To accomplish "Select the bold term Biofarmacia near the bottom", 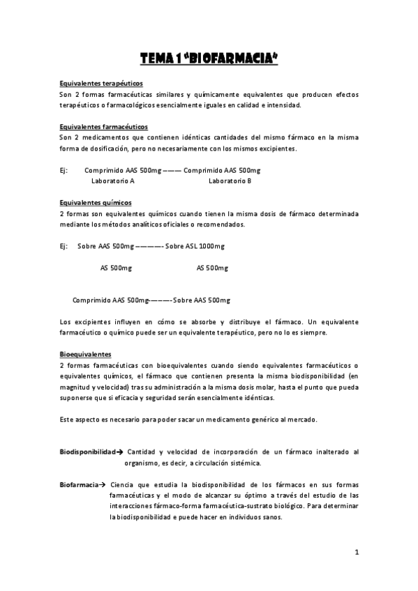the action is pyautogui.click(x=78, y=484).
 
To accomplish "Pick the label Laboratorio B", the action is pyautogui.click(x=230, y=181).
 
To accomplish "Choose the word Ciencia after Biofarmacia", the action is pyautogui.click(x=122, y=484).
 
